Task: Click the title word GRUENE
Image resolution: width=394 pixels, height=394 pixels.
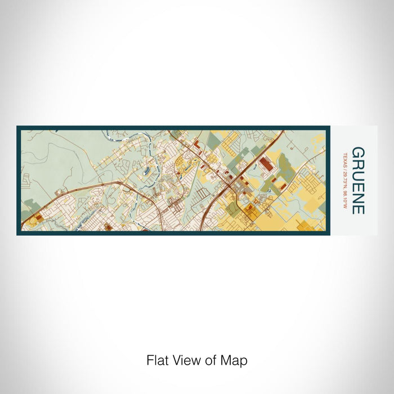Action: (x=358, y=181)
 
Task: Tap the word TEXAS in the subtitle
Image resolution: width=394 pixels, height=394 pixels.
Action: (x=344, y=159)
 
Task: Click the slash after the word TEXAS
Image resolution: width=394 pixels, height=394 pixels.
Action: (x=344, y=167)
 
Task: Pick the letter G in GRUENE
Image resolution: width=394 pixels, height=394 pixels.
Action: (x=358, y=153)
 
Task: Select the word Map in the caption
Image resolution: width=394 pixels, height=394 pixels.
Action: (x=236, y=360)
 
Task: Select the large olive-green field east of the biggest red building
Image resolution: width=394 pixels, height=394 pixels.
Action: (x=286, y=166)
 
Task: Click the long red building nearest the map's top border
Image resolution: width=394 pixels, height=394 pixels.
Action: (x=197, y=147)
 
